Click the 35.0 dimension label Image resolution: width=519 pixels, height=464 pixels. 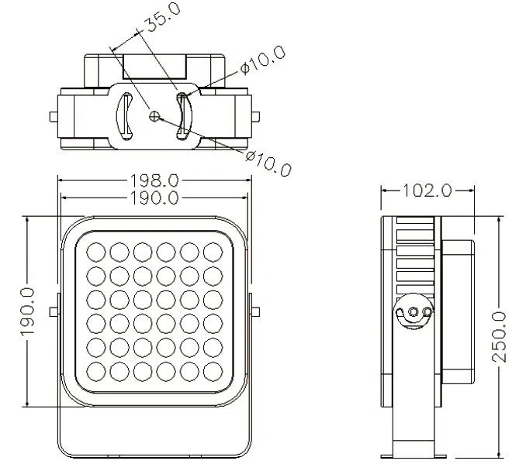click(x=163, y=17)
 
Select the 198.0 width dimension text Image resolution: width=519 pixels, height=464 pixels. click(x=154, y=180)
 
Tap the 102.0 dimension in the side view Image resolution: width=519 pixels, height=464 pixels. click(x=427, y=191)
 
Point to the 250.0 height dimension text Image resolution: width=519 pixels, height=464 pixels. click(x=499, y=336)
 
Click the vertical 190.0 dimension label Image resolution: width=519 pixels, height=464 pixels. click(x=27, y=312)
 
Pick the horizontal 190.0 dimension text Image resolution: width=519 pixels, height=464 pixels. click(x=154, y=198)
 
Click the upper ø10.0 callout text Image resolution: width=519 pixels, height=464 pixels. click(x=263, y=61)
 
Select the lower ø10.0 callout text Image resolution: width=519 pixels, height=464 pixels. click(x=268, y=163)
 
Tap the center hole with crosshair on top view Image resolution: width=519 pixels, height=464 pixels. click(x=154, y=115)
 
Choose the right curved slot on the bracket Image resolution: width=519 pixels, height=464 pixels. click(x=184, y=116)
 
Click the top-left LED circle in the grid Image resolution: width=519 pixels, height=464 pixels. click(x=96, y=252)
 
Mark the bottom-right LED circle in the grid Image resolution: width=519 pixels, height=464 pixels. click(x=213, y=371)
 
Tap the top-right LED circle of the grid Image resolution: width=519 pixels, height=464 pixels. click(x=213, y=252)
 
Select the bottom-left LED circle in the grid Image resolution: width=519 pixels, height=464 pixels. click(x=96, y=371)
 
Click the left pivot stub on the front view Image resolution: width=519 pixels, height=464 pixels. click(x=54, y=311)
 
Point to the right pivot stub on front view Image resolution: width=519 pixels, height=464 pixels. click(x=255, y=311)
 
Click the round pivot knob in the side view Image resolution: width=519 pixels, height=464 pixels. click(x=413, y=311)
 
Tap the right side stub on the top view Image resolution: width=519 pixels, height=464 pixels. click(x=255, y=116)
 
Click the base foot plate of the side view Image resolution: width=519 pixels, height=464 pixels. click(x=413, y=456)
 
